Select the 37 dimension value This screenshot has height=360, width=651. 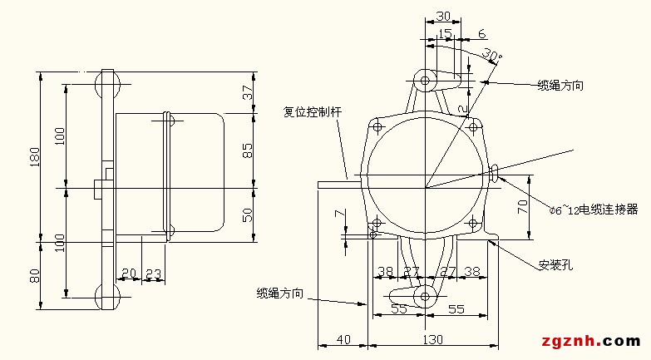[247, 92]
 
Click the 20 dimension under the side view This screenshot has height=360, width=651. [128, 272]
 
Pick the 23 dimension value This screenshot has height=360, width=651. [154, 272]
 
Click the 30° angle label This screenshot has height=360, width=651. [491, 57]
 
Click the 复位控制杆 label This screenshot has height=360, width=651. [312, 111]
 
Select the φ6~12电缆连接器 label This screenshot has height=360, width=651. [594, 207]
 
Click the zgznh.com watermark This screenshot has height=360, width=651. [591, 341]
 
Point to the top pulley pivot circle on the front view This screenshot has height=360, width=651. [425, 81]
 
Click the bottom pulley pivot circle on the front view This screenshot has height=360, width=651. [425, 295]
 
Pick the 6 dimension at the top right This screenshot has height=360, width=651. [483, 33]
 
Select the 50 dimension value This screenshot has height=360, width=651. [247, 215]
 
